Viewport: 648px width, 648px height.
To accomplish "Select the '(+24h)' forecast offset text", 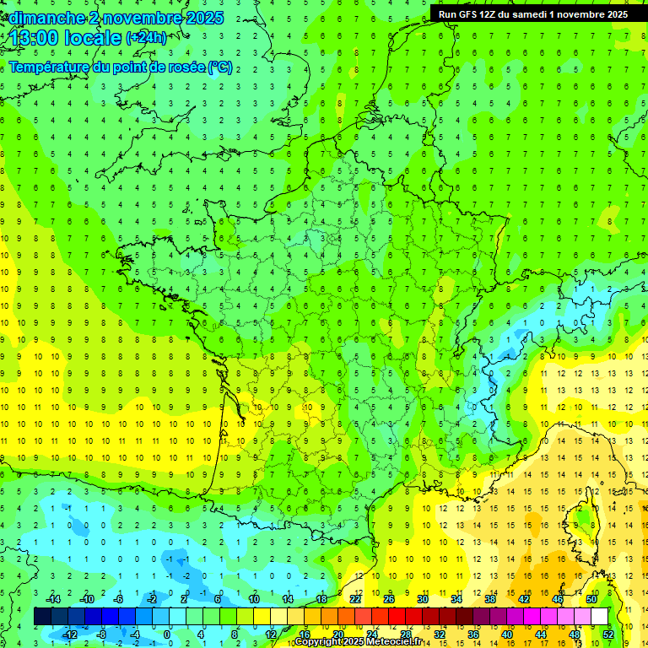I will click(146, 38).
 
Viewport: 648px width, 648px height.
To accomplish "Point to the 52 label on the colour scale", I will click(608, 634).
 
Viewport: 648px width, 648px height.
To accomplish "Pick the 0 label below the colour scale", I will click(167, 634).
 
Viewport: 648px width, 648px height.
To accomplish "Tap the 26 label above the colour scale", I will click(389, 599).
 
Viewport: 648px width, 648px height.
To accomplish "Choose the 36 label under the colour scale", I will click(473, 634).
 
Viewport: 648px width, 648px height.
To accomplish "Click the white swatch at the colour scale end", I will click(600, 617).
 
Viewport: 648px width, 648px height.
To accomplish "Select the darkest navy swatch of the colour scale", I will click(42, 617).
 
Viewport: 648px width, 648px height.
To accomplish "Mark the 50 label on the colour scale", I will click(591, 599).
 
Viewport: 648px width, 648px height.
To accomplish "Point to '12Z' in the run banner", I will click(499, 14).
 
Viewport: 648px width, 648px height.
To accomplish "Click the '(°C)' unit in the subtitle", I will click(220, 67).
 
